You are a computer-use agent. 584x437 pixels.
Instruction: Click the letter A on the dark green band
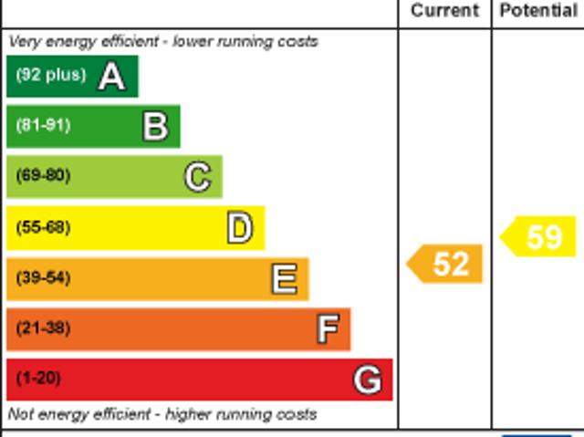point(111,77)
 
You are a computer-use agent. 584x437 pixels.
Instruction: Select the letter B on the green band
point(155,127)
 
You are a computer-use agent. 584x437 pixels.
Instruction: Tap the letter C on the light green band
point(198,177)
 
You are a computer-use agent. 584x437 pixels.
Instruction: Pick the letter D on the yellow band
point(239,228)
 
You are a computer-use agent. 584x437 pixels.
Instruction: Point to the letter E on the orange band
point(284,279)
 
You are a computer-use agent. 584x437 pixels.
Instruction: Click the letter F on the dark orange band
point(328,329)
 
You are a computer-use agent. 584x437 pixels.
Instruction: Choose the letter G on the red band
point(368,380)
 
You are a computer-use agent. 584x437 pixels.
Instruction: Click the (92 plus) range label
point(50,76)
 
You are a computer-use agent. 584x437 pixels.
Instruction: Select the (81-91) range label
point(43,126)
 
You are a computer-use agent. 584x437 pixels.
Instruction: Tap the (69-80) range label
point(43,176)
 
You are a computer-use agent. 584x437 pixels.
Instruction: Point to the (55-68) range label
point(43,227)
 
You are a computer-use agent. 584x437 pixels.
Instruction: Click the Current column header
point(444,11)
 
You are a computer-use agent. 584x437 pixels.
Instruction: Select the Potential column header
point(538,11)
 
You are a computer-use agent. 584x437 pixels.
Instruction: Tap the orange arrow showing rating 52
point(445,265)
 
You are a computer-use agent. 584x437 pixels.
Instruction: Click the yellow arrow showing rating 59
point(539,236)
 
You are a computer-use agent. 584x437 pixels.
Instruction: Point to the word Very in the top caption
point(24,41)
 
